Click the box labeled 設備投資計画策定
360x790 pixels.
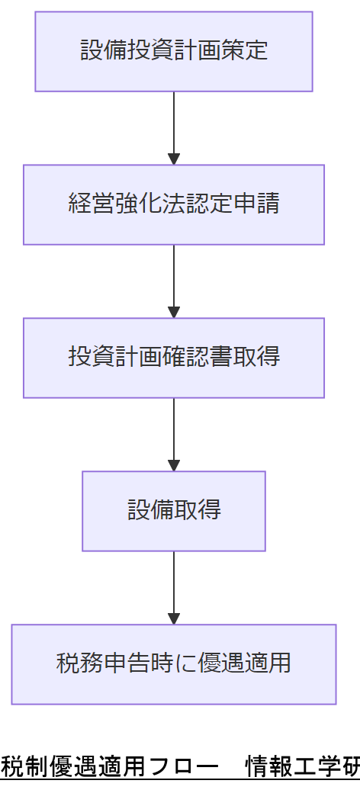tap(174, 51)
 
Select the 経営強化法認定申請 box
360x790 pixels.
tap(174, 204)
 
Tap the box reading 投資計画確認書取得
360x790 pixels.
tap(174, 358)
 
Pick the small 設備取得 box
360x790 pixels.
tap(174, 510)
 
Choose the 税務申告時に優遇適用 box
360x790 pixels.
tap(174, 663)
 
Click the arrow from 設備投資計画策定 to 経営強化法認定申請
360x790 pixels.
tap(174, 126)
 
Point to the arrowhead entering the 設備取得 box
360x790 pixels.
tap(174, 465)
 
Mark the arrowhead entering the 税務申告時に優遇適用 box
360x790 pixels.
tap(174, 618)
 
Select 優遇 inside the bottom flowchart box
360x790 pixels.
tap(220, 663)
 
